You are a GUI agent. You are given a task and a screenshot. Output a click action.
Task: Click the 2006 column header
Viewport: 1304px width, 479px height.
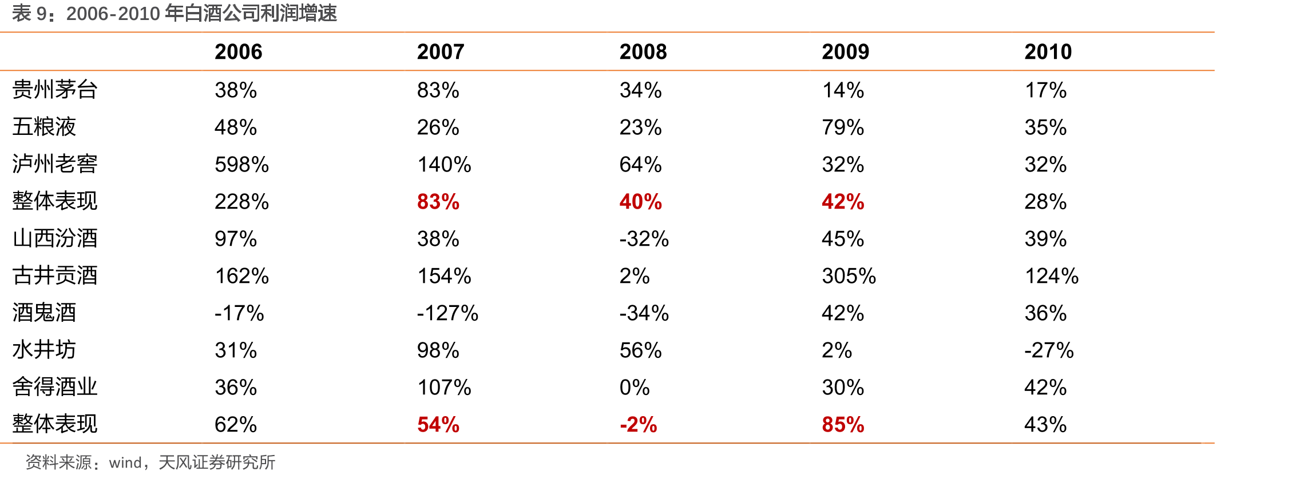click(x=238, y=52)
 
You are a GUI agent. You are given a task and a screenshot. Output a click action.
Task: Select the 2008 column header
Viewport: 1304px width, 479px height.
click(x=643, y=52)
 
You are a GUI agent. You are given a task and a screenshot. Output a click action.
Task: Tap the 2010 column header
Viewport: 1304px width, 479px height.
click(x=1048, y=52)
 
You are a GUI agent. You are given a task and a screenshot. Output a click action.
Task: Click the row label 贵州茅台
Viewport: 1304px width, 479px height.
click(x=55, y=90)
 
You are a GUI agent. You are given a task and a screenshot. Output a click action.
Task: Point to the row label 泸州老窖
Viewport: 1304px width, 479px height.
click(x=55, y=164)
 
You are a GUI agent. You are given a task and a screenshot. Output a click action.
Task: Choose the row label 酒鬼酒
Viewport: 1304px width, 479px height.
click(x=44, y=313)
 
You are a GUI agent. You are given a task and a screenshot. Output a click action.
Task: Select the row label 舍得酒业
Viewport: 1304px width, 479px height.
click(x=55, y=387)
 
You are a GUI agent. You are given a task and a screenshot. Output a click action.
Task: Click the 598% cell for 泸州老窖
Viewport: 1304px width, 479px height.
click(x=241, y=165)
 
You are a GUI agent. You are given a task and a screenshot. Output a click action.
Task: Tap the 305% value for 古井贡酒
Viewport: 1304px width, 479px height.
click(x=849, y=276)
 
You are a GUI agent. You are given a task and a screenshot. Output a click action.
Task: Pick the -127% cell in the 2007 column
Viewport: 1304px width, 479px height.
click(x=447, y=313)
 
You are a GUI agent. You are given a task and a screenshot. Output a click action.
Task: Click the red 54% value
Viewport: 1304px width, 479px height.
click(x=438, y=425)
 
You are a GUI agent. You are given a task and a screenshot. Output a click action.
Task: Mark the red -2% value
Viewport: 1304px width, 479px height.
click(x=638, y=425)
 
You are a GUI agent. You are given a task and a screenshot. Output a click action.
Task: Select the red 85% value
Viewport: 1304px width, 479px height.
click(x=843, y=425)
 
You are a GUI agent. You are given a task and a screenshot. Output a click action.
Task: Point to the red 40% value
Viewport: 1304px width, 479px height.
click(x=640, y=202)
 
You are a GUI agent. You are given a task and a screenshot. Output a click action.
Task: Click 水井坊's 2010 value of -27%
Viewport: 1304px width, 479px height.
click(x=1049, y=350)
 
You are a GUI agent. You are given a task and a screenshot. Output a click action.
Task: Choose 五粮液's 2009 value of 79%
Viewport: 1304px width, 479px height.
click(x=843, y=127)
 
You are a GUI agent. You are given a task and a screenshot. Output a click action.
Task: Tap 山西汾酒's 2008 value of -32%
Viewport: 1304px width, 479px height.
click(x=644, y=239)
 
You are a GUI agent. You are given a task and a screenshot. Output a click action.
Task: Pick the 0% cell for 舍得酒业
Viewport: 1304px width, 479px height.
click(x=635, y=388)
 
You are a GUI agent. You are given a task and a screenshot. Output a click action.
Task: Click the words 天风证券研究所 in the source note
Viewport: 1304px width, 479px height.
click(x=217, y=462)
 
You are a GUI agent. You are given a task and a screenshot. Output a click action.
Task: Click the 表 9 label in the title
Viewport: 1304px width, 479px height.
click(x=30, y=13)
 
